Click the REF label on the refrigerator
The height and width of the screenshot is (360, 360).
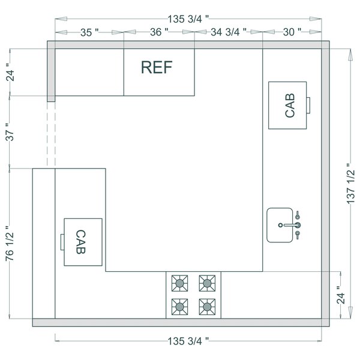coord(156,67)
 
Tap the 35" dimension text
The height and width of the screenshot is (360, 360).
coord(89,33)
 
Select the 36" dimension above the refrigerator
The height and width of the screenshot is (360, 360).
coord(158,33)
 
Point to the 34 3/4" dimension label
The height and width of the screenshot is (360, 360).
coord(229,33)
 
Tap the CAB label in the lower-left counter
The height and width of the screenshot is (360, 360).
coord(81,241)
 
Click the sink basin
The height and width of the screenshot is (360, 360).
coord(280,226)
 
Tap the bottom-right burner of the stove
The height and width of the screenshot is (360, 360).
coord(207,305)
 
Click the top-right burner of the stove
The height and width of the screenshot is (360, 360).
coord(207,282)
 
